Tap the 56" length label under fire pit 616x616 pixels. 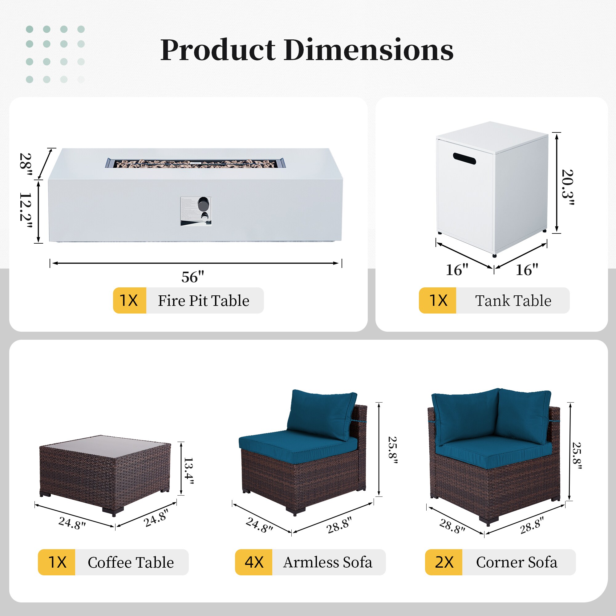click(x=193, y=277)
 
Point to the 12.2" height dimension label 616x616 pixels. click(x=26, y=211)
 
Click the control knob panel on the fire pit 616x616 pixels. click(x=196, y=211)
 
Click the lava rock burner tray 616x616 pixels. click(x=196, y=163)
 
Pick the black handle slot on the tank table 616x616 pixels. click(x=464, y=158)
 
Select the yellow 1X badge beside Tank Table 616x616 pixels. click(x=437, y=300)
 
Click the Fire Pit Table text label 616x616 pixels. click(x=204, y=301)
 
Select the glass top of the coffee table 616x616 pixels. click(x=105, y=444)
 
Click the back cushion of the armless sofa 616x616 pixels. click(x=321, y=415)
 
